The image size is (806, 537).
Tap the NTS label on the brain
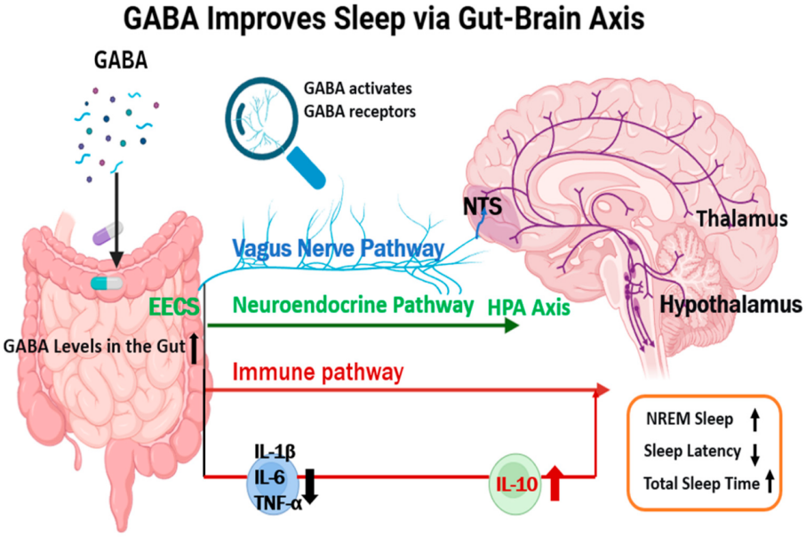pyautogui.click(x=483, y=206)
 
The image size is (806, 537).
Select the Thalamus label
pyautogui.click(x=742, y=218)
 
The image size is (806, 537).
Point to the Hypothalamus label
pyautogui.click(x=730, y=305)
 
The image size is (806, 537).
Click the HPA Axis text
pyautogui.click(x=528, y=308)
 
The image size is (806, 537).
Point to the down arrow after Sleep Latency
pyautogui.click(x=754, y=454)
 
